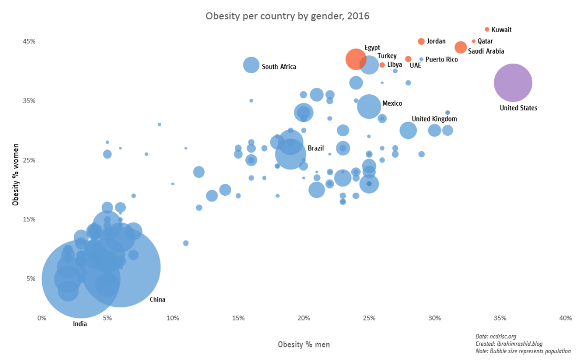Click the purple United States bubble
[513, 83]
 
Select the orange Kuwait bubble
[487, 29]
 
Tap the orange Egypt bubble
[356, 59]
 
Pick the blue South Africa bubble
[252, 65]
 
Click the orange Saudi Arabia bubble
[461, 47]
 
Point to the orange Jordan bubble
[421, 42]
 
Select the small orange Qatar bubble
[474, 41]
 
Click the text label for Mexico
[392, 103]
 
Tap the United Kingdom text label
[434, 119]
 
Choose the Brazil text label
[315, 148]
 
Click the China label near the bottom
[157, 299]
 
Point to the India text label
[80, 324]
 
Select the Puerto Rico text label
[442, 59]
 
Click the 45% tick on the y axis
[28, 41]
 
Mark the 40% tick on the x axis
[565, 318]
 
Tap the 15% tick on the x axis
[238, 318]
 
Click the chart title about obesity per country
[287, 16]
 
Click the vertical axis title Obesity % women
[15, 173]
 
